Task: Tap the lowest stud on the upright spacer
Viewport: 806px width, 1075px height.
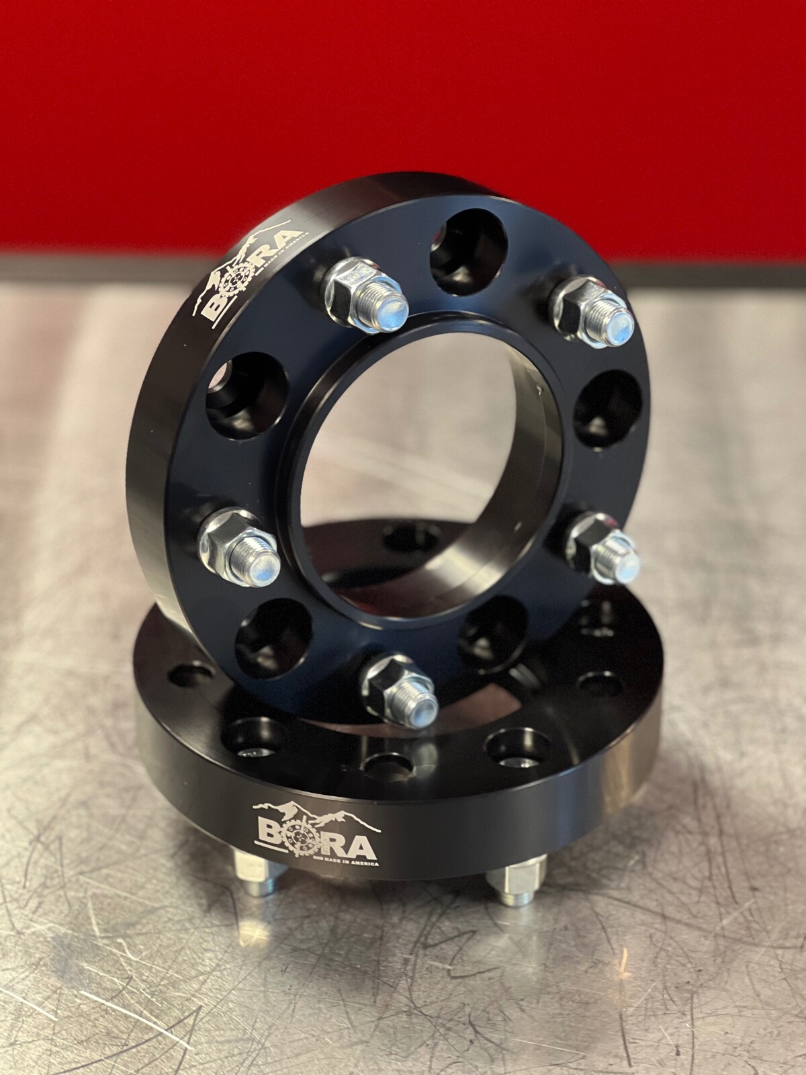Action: tap(402, 694)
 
